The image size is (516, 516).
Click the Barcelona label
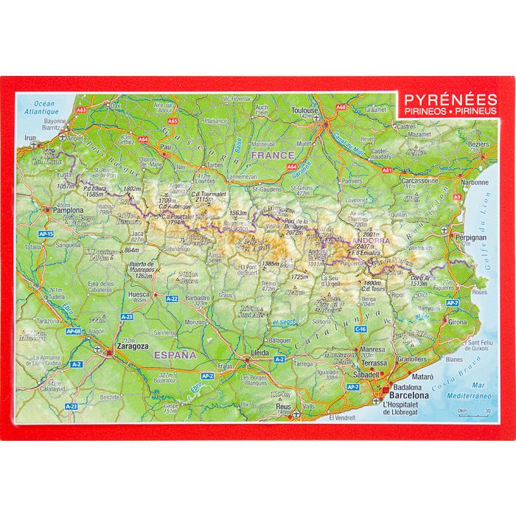click(405, 394)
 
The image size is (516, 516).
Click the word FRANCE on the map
click(271, 156)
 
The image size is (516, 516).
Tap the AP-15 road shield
click(45, 234)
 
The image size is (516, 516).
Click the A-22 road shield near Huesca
click(172, 299)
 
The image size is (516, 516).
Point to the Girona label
click(457, 322)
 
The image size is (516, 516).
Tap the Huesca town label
click(139, 293)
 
